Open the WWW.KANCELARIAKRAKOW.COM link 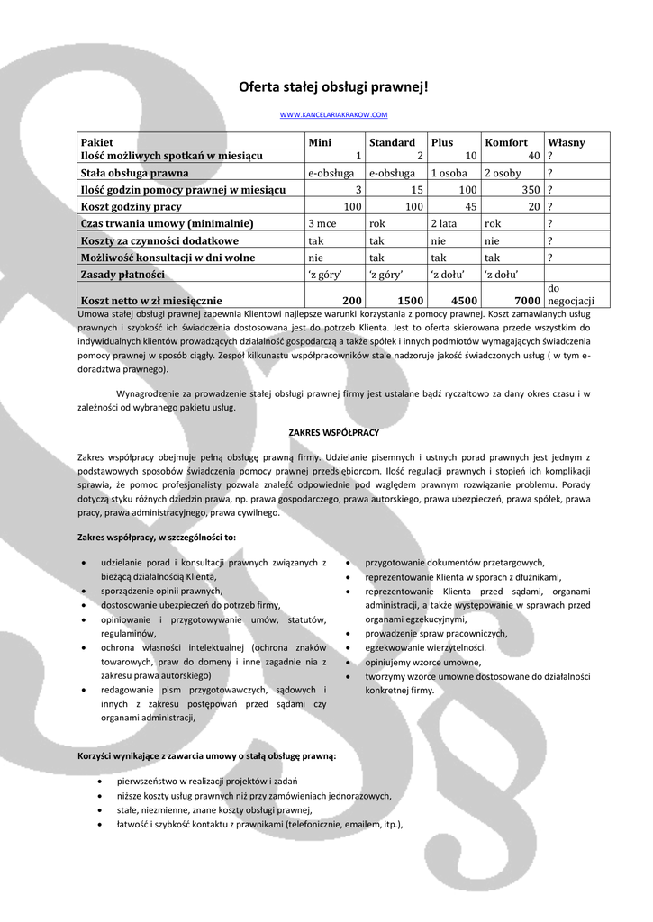click(333, 115)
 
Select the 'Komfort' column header click(506, 142)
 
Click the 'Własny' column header click(566, 142)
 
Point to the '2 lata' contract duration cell click(445, 223)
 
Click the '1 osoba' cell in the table click(449, 173)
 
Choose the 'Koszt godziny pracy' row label click(132, 207)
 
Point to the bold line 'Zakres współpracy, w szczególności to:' click(158, 538)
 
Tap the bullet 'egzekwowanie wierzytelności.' click(425, 647)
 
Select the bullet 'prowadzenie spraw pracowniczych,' click(436, 633)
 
